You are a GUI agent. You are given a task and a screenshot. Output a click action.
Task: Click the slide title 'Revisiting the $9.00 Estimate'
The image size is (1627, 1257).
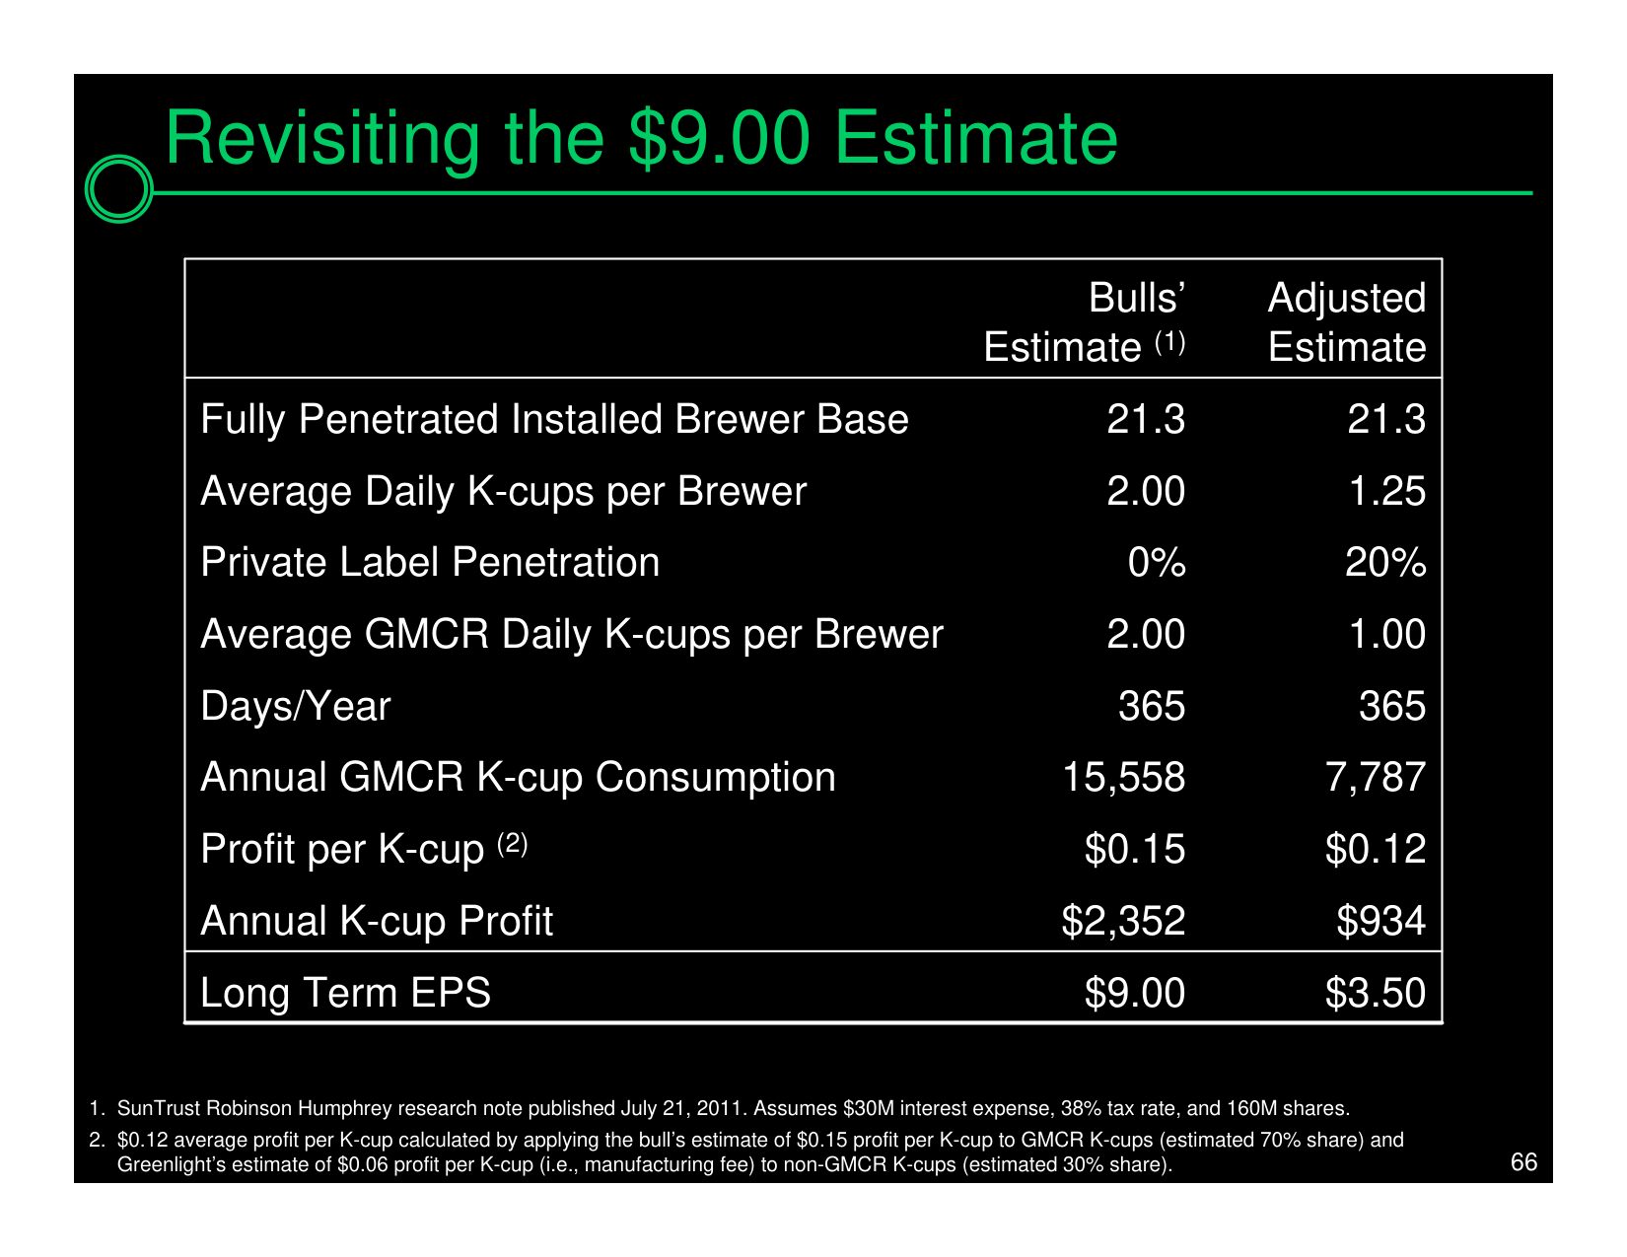point(641,139)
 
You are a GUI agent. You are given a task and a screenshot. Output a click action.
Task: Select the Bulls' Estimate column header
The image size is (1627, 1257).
point(1085,322)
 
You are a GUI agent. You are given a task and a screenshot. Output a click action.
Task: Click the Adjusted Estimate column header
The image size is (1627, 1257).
point(1347,322)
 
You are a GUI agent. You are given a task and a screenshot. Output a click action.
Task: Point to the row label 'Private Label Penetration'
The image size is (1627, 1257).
point(430,562)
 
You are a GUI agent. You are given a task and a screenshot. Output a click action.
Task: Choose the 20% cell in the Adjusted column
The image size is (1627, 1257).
point(1385,562)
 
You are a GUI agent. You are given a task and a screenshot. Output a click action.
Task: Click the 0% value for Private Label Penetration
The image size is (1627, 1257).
point(1157,562)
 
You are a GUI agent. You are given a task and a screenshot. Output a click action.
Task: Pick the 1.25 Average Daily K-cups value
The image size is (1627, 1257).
point(1387,491)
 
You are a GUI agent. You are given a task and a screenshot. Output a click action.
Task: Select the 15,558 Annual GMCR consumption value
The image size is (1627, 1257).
point(1124,777)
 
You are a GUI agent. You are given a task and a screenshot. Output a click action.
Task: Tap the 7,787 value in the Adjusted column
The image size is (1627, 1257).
point(1377,777)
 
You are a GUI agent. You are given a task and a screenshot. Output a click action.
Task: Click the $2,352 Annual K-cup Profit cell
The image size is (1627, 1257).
point(1124,921)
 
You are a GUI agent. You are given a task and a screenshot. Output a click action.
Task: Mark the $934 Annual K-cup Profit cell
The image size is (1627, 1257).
point(1381,921)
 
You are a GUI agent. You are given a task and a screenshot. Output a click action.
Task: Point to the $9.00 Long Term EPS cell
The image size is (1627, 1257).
point(1135,993)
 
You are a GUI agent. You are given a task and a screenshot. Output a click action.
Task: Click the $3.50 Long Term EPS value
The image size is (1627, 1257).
point(1377,993)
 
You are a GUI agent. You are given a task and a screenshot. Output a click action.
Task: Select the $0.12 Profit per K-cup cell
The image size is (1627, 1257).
point(1377,849)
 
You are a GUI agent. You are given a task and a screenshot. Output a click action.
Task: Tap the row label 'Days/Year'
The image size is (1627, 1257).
point(296,706)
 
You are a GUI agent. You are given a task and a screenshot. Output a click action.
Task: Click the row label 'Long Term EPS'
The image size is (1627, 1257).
point(345,993)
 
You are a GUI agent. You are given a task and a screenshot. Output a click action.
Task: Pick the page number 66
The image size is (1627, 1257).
point(1523,1162)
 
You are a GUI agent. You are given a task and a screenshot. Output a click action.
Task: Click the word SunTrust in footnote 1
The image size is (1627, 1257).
point(159,1108)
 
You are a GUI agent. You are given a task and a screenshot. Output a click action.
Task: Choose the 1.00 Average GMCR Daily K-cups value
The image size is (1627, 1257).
point(1387,634)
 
